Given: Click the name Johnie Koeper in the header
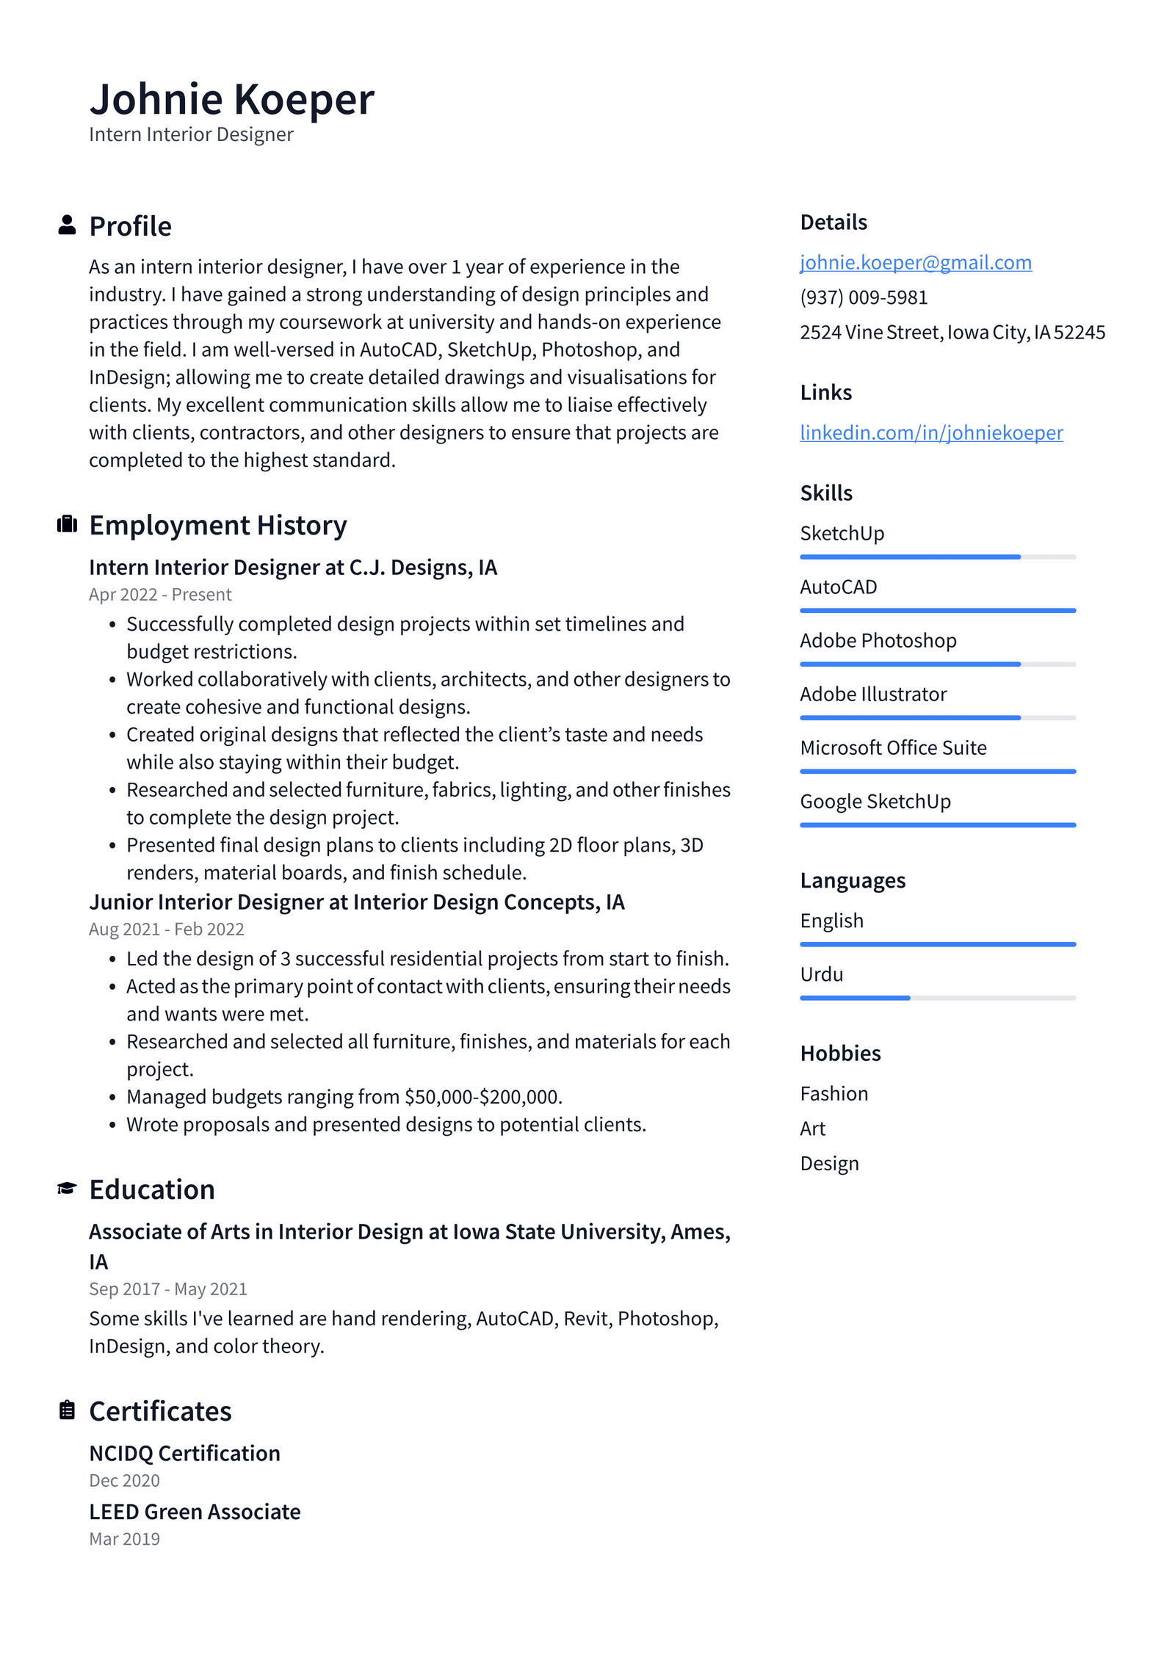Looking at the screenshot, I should point(231,99).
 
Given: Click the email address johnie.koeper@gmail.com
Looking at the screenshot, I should point(915,262).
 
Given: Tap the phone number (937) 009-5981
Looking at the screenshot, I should point(864,297).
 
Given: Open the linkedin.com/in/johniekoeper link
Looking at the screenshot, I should point(930,432).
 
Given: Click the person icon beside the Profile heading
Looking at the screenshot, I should point(67,225).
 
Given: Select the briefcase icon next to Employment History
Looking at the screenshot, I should point(67,523).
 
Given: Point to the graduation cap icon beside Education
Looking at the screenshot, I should point(67,1188).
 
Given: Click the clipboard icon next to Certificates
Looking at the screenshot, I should point(67,1410).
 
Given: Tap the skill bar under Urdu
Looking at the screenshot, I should point(937,998).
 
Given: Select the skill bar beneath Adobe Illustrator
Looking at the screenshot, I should point(937,717).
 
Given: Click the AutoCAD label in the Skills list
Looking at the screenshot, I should point(838,587).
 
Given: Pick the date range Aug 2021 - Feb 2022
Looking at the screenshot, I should point(166,929).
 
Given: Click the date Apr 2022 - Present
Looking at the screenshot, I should point(160,594).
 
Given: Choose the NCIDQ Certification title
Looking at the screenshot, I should point(184,1453).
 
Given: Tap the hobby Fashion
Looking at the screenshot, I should point(834,1093).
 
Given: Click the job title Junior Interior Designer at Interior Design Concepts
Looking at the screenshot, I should point(356,902).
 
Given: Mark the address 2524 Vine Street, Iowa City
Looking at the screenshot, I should point(952,332).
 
